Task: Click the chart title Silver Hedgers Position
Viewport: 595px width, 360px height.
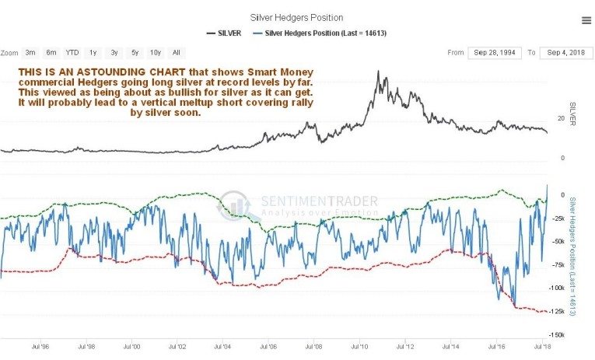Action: (296, 17)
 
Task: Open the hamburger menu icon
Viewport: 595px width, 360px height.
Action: (586, 20)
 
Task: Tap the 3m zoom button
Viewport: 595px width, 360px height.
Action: (30, 53)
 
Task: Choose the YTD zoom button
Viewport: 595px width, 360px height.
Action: (72, 53)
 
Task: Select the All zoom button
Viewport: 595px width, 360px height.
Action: (177, 53)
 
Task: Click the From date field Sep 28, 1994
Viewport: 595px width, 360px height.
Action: (494, 53)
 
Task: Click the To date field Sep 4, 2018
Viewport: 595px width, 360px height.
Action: (566, 53)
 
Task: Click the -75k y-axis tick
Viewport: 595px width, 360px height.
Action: (558, 264)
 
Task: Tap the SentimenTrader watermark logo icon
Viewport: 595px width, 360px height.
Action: (233, 204)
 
